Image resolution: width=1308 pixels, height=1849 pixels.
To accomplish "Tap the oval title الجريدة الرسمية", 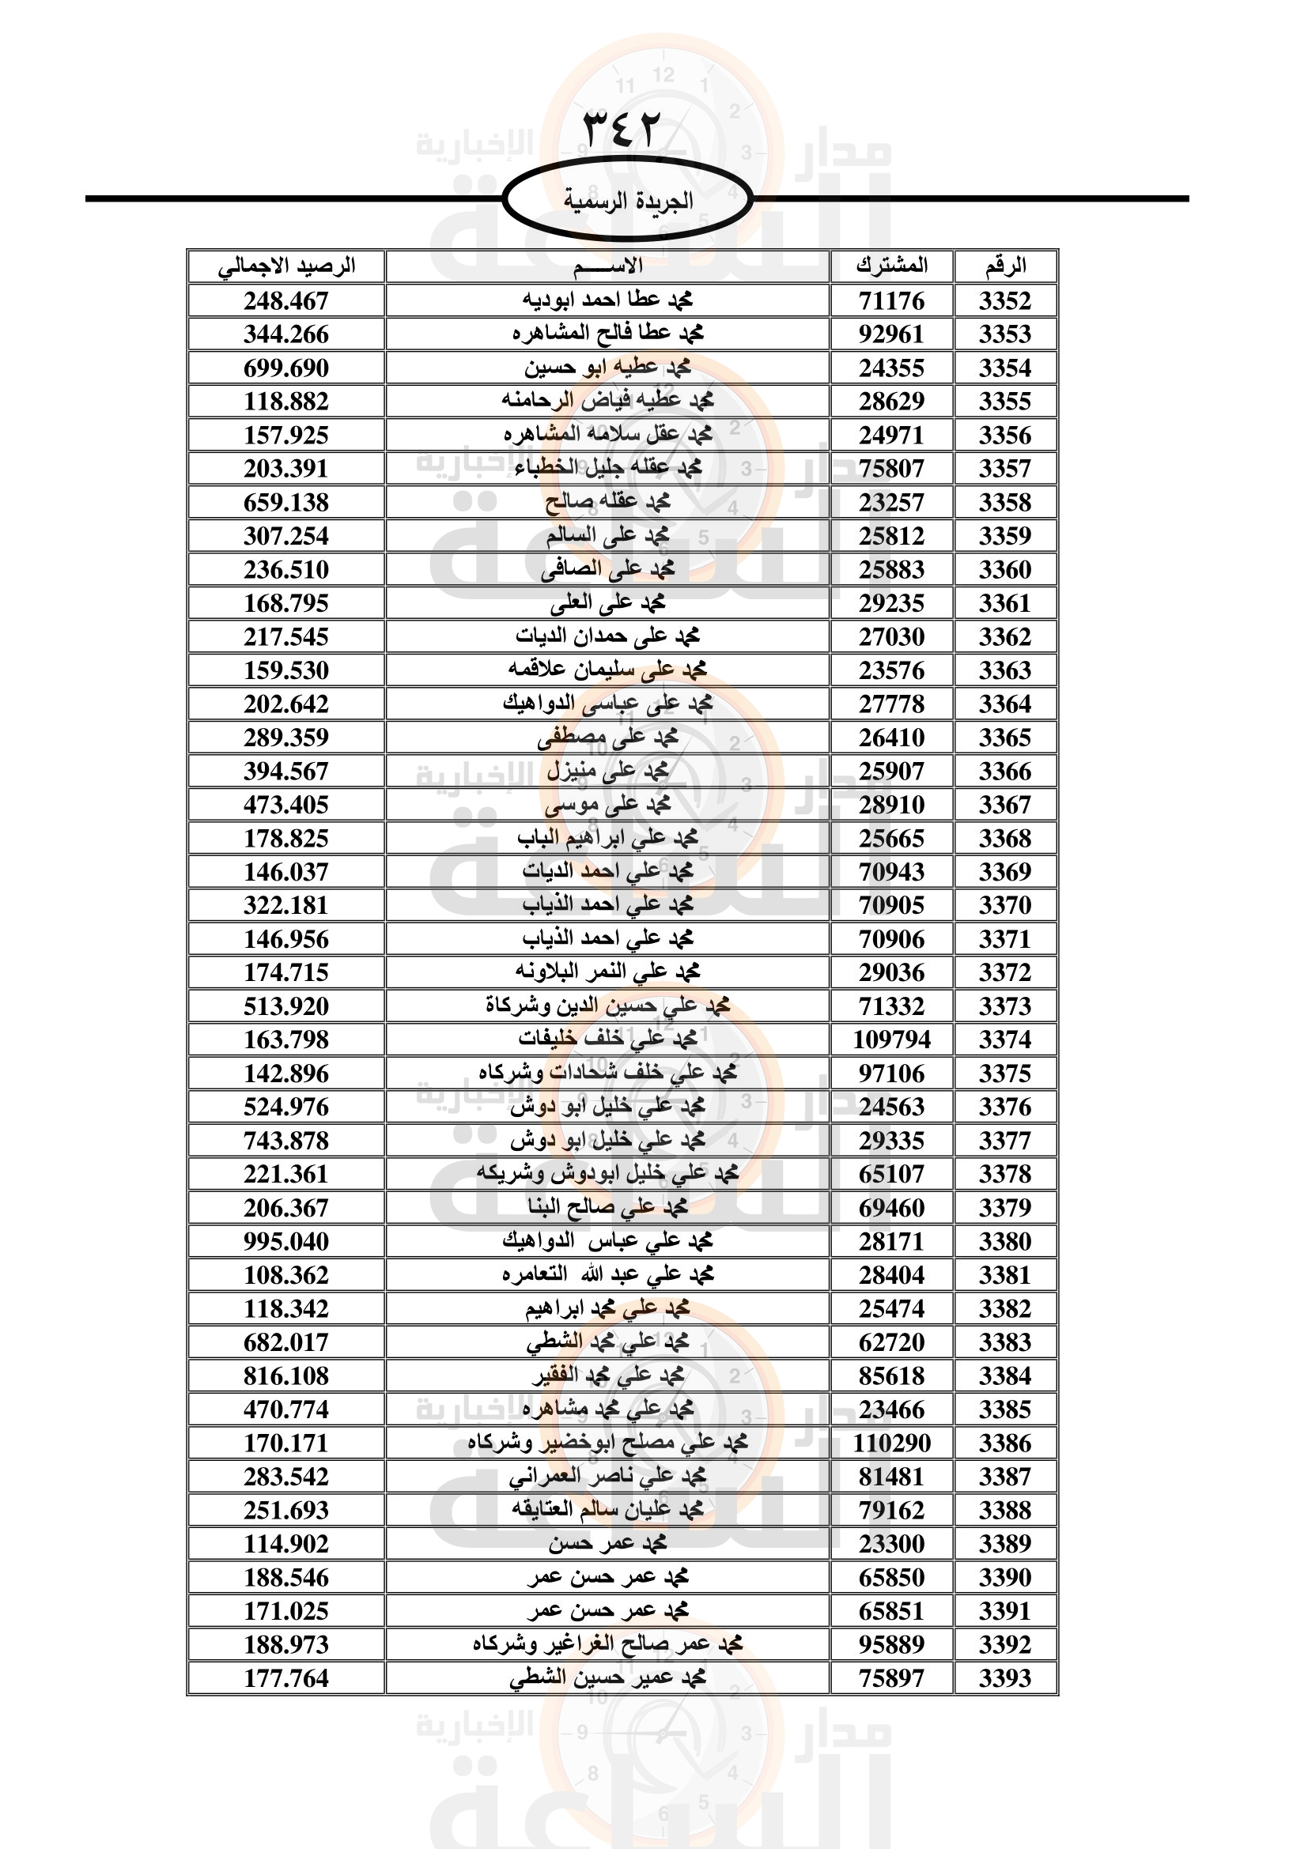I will click(x=627, y=200).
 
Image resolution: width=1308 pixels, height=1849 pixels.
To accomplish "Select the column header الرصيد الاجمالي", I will click(x=287, y=266).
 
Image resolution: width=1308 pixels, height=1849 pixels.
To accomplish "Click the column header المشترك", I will click(x=891, y=266).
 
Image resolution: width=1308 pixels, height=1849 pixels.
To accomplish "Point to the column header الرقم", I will click(x=1005, y=266).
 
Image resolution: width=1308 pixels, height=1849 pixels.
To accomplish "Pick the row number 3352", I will click(x=1005, y=301).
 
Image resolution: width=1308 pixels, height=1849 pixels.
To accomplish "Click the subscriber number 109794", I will click(x=891, y=1040).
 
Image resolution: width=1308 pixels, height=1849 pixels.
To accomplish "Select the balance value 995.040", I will click(x=287, y=1241).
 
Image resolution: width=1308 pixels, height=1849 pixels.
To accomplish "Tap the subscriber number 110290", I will click(x=891, y=1443).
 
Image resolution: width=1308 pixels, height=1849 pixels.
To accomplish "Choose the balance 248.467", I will click(x=287, y=301).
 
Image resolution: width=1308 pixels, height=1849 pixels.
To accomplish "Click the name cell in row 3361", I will click(x=607, y=603).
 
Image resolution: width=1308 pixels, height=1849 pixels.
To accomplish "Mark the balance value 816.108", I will click(x=287, y=1375).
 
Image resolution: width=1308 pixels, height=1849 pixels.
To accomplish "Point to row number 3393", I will click(x=1005, y=1678).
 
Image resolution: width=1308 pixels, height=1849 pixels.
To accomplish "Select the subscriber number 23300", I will click(x=891, y=1544).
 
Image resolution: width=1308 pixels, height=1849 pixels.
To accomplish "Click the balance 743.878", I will click(x=287, y=1141).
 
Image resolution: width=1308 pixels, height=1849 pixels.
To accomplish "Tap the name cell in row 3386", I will click(x=607, y=1443).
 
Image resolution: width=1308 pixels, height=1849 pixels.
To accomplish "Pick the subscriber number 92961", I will click(x=891, y=334).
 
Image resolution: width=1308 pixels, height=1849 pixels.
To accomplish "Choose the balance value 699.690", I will click(x=287, y=368).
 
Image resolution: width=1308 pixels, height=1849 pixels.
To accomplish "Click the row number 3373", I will click(x=1005, y=1006).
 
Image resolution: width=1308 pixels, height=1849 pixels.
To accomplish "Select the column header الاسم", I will click(x=607, y=266).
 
